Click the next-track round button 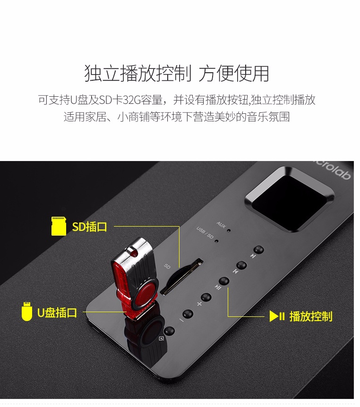click(258, 250)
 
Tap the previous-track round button click(241, 265)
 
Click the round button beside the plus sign click(206, 297)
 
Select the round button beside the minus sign click(188, 314)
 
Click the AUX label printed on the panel click(221, 225)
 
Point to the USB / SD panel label click(205, 233)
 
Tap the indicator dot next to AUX click(229, 230)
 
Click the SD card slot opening click(181, 276)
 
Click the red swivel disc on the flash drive click(145, 296)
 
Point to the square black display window click(290, 199)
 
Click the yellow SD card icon click(59, 226)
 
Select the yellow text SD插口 click(89, 227)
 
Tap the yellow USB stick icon click(27, 312)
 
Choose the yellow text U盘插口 click(57, 312)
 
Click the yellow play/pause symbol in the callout click(277, 316)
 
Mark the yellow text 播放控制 click(311, 316)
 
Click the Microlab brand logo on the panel click(333, 170)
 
